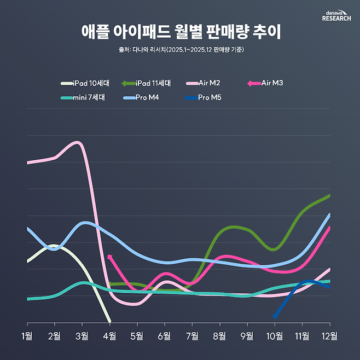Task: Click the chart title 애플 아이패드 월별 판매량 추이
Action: pyautogui.click(x=180, y=32)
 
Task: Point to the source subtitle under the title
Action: pyautogui.click(x=180, y=50)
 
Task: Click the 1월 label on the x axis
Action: pyautogui.click(x=27, y=335)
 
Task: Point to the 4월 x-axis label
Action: pyautogui.click(x=109, y=335)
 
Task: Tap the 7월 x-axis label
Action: pyautogui.click(x=192, y=335)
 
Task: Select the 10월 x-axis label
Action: pyautogui.click(x=274, y=335)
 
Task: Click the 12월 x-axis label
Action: pyautogui.click(x=329, y=335)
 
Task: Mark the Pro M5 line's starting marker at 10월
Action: pyautogui.click(x=275, y=316)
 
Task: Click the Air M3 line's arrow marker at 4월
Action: pyautogui.click(x=110, y=256)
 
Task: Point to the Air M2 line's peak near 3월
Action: pyautogui.click(x=78, y=143)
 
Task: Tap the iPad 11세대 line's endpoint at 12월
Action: pyautogui.click(x=329, y=195)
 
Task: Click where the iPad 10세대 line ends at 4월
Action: pyautogui.click(x=110, y=321)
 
